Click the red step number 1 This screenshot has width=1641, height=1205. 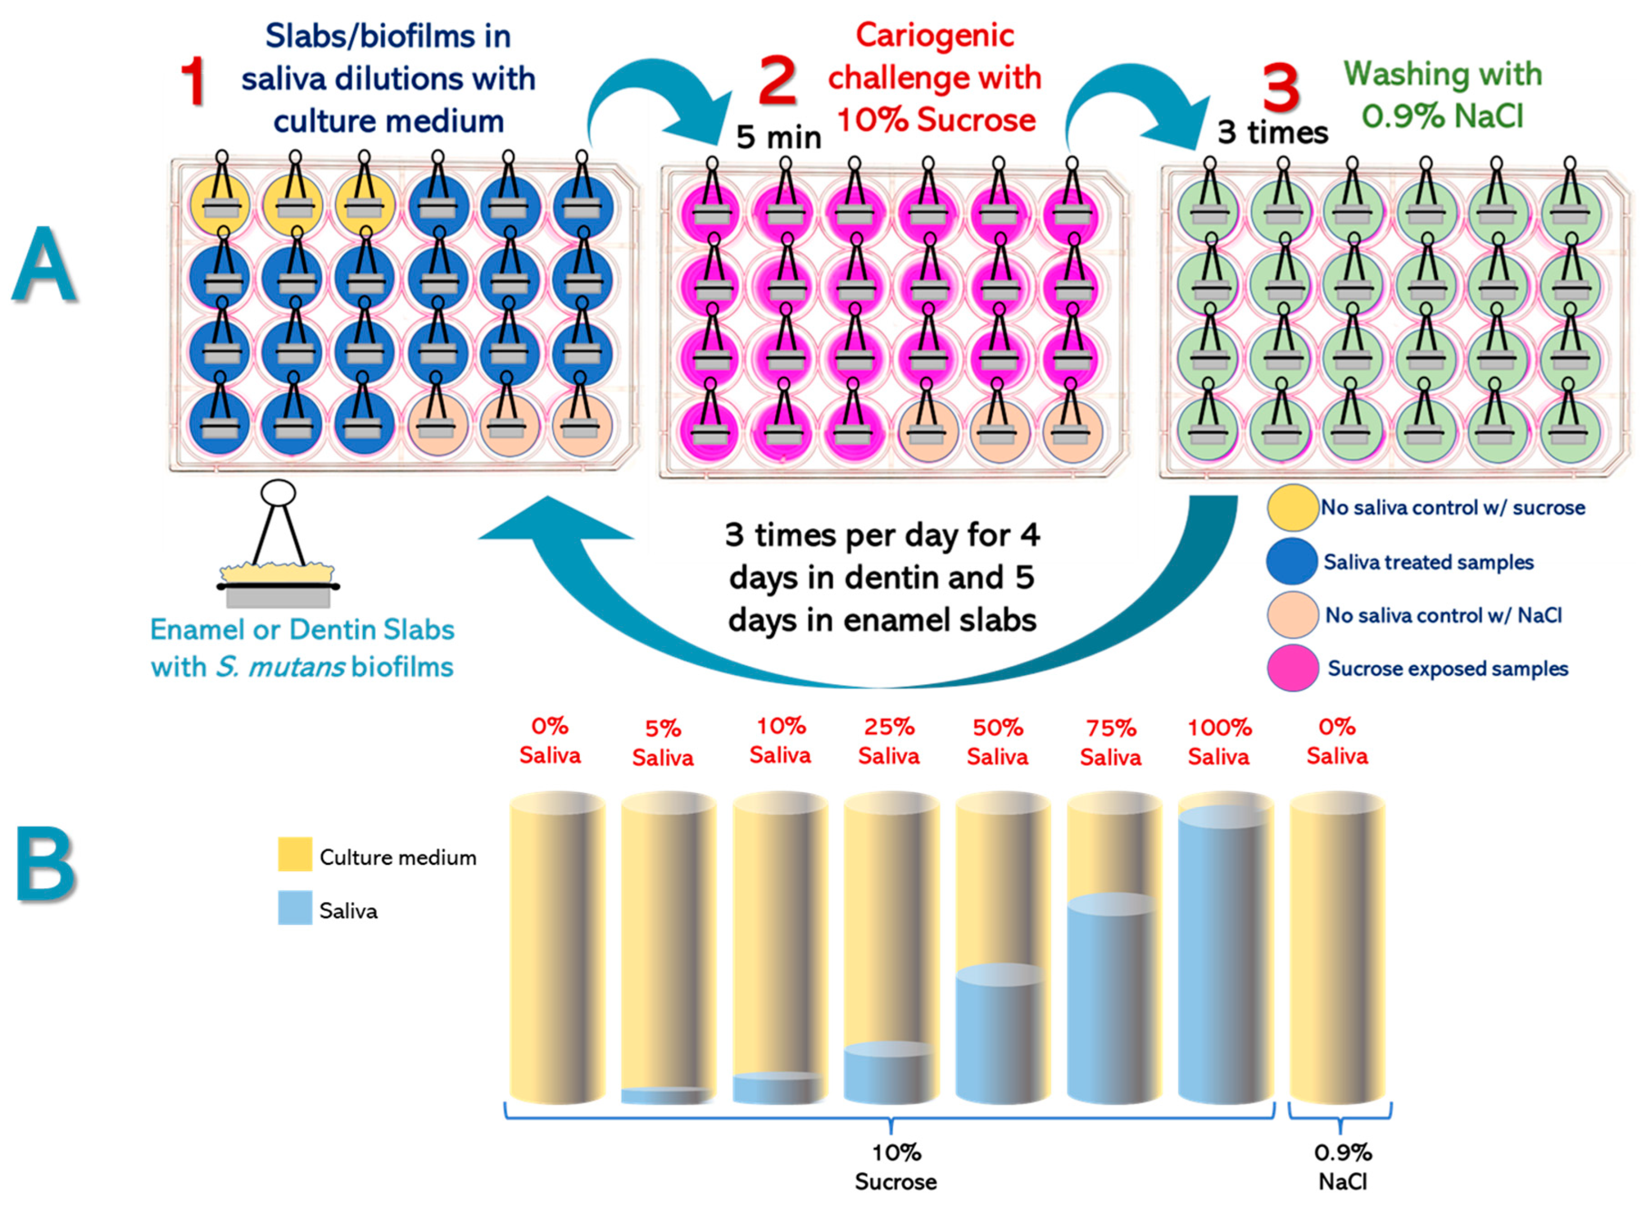pos(193,82)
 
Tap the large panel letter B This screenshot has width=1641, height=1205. pos(45,864)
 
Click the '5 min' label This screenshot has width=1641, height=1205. pos(778,137)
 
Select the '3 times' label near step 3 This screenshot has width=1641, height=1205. pos(1272,133)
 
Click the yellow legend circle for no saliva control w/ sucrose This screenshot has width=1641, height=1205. pos(1292,508)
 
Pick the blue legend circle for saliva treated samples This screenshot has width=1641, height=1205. pos(1292,562)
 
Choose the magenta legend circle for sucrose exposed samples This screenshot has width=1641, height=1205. pos(1292,668)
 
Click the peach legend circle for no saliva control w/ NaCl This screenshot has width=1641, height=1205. pos(1292,615)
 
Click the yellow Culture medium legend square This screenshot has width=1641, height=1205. pos(295,854)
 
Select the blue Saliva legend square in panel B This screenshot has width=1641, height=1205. pos(295,908)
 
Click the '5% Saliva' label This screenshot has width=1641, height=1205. pos(663,743)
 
